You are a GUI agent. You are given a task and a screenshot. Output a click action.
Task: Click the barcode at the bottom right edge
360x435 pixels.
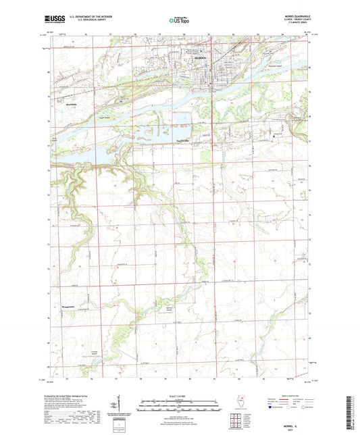[353, 412]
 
